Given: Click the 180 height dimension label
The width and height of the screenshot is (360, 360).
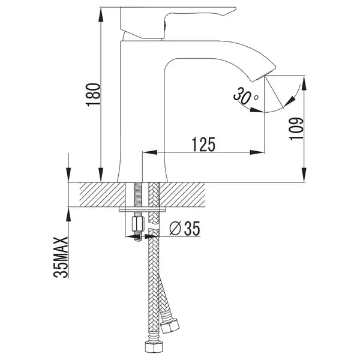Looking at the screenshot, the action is point(93,95).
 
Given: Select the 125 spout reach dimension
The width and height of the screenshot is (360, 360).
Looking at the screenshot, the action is point(203,145).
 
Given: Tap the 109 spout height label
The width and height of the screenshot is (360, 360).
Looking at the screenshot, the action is point(296,129).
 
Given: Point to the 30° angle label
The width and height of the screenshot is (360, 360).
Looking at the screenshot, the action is point(245,95).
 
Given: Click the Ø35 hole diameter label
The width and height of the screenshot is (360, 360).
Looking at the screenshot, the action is point(185,229).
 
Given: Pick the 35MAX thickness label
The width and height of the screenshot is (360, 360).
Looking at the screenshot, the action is point(61,257).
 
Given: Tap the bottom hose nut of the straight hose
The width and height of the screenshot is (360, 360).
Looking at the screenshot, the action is point(154,347).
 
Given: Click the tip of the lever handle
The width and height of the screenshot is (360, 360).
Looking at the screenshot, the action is point(236,8).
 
